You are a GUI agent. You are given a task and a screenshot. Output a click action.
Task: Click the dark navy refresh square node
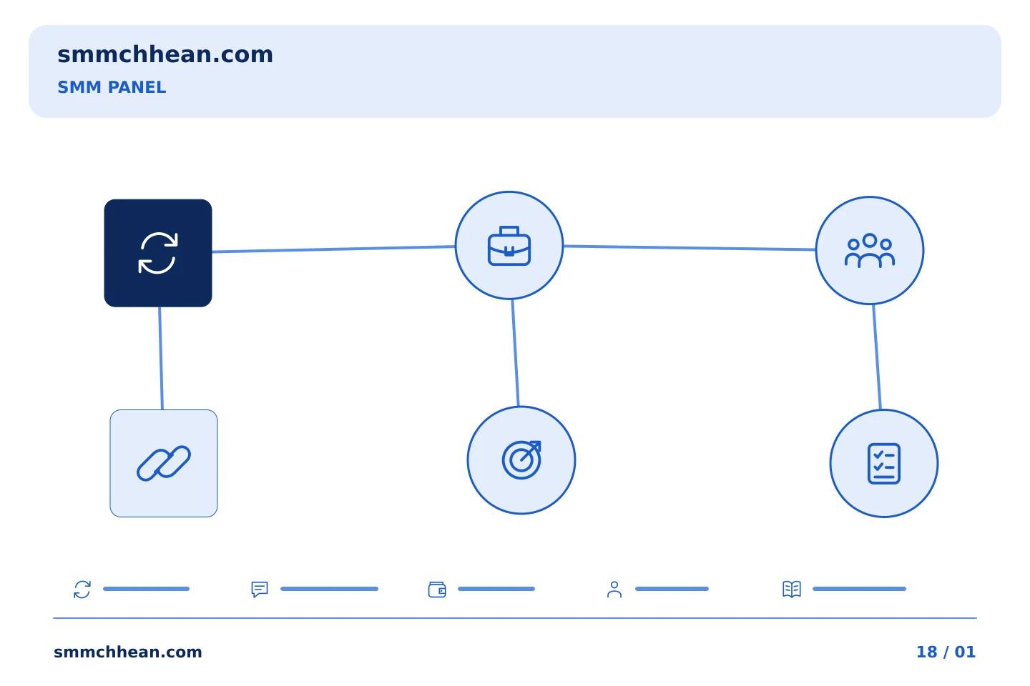(x=157, y=253)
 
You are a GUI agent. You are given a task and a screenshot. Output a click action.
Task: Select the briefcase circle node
(x=509, y=245)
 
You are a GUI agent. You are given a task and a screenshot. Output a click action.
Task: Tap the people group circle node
(x=870, y=250)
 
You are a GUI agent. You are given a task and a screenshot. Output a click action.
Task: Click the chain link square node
(x=164, y=463)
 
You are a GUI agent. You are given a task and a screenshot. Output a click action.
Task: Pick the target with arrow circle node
(x=521, y=460)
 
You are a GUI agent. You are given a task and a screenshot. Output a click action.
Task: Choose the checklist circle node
(x=884, y=463)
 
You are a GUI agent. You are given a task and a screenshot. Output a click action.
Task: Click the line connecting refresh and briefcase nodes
(x=333, y=249)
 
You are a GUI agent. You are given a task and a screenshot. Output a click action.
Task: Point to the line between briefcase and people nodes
(x=690, y=248)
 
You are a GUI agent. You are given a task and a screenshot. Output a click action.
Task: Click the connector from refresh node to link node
(x=161, y=358)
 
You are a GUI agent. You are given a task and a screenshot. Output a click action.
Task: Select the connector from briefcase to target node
(x=516, y=353)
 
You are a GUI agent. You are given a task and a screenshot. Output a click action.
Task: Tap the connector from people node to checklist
(x=877, y=357)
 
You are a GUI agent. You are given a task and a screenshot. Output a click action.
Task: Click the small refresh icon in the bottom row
(x=82, y=589)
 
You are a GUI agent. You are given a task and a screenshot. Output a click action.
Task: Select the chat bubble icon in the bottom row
(x=260, y=589)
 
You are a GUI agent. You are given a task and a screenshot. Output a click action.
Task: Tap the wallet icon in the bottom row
(x=437, y=589)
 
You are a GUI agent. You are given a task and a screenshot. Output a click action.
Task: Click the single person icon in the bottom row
(x=614, y=589)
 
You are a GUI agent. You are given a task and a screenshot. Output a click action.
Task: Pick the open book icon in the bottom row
(x=792, y=589)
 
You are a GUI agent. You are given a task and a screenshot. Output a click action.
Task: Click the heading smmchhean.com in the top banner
(x=165, y=55)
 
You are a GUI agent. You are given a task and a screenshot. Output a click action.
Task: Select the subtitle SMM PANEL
(x=112, y=87)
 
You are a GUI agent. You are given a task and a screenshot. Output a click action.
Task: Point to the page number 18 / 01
(x=946, y=652)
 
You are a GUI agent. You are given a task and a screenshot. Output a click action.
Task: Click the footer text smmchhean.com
(x=128, y=652)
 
